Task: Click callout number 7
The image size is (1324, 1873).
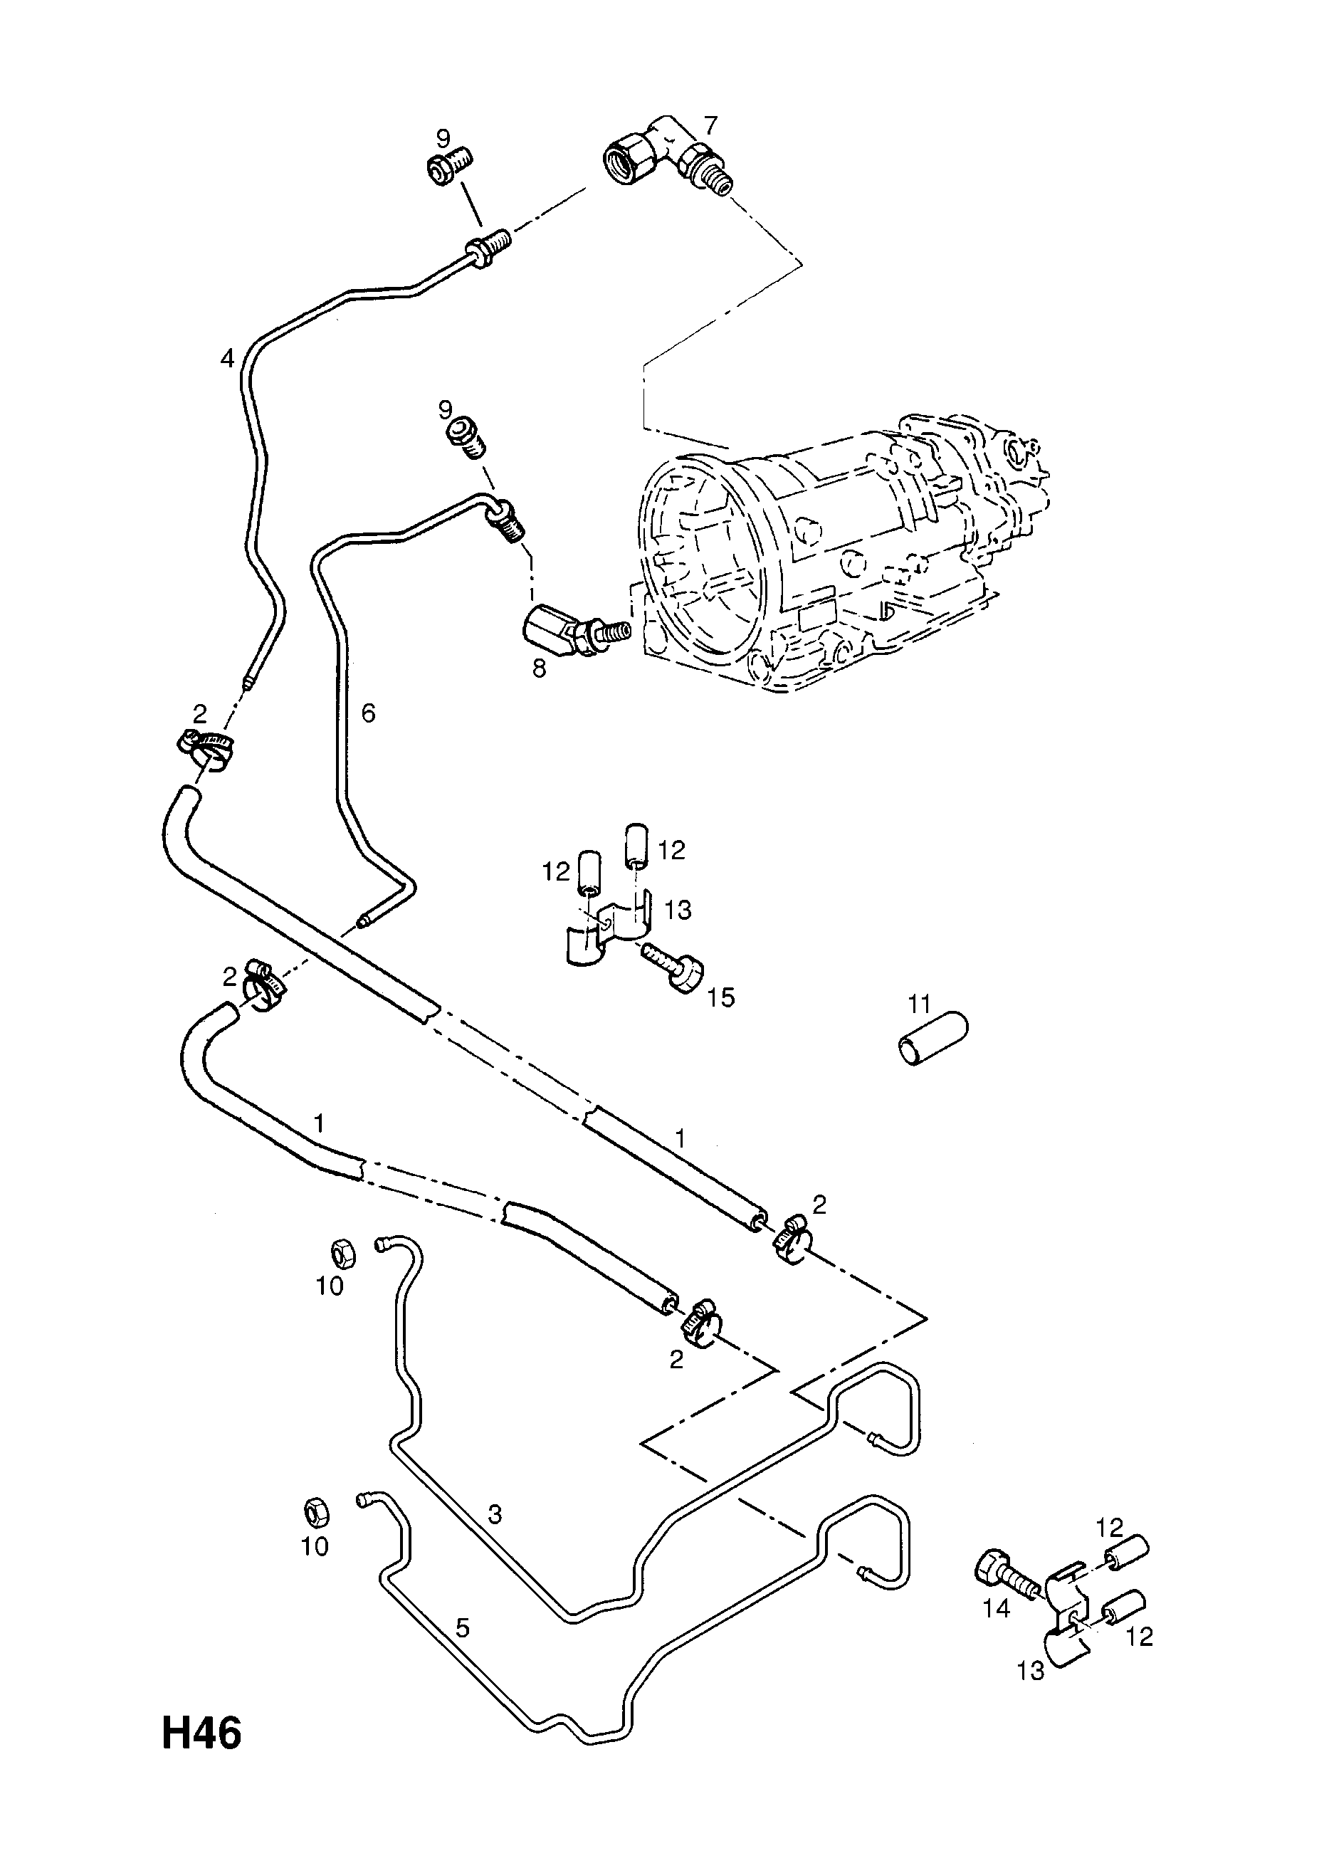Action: (x=710, y=125)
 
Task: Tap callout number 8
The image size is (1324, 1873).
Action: (x=540, y=668)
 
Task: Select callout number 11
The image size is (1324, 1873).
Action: (x=920, y=1002)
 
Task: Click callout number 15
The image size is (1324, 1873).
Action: (x=721, y=997)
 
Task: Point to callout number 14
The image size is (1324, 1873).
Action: (x=997, y=1608)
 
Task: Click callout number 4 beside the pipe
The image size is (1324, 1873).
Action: (x=227, y=357)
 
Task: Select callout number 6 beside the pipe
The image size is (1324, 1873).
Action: (x=368, y=713)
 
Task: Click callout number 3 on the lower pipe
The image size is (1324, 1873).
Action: (x=494, y=1515)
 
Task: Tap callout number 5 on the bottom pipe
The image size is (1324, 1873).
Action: (x=463, y=1628)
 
